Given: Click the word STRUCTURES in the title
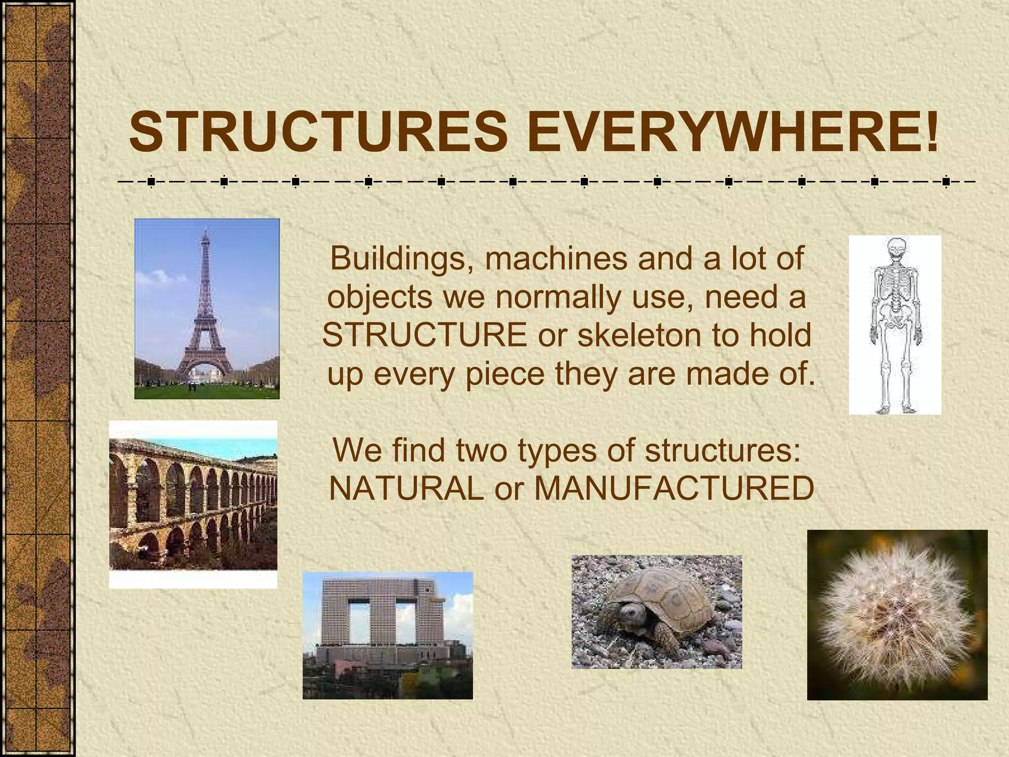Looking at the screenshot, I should pyautogui.click(x=318, y=132).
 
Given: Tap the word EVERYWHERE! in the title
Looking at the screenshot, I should pyautogui.click(x=733, y=132).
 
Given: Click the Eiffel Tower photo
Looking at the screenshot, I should pyautogui.click(x=207, y=309).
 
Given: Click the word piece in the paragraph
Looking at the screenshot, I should pyautogui.click(x=505, y=374).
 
